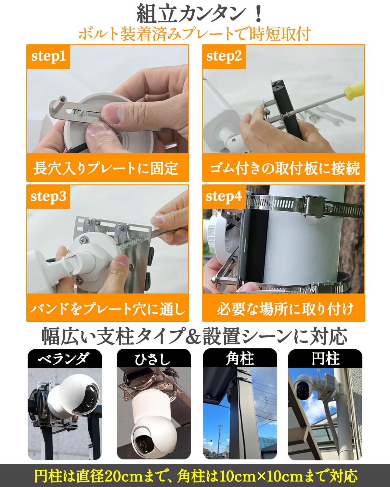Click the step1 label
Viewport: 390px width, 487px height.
pos(48,56)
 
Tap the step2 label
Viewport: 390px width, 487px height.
pos(224,56)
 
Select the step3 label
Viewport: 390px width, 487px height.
pos(48,197)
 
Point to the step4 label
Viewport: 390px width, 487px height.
pos(224,197)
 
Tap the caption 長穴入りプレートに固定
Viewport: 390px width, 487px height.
pos(107,168)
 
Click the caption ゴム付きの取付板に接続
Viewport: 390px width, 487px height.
pos(284,168)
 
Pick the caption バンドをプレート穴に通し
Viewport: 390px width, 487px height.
pos(107,308)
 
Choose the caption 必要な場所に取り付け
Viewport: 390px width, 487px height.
pos(284,308)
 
